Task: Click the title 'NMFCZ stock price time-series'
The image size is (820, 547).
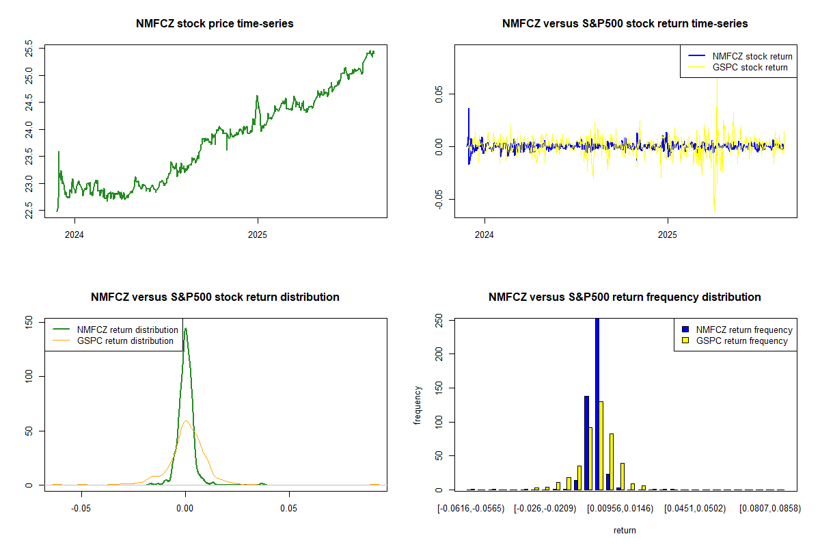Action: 215,24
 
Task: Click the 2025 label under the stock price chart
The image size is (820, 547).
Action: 258,235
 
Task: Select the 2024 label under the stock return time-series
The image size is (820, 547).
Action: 485,235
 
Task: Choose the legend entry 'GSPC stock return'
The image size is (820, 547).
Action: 750,67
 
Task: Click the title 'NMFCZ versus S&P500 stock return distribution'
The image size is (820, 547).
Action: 215,297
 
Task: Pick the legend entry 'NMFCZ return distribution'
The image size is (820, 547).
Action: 127,330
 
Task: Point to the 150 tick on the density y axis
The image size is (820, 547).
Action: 29,321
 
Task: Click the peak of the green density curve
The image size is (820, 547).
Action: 185,329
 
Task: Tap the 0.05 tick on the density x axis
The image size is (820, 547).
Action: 289,509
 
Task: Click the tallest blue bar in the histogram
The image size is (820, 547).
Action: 597,403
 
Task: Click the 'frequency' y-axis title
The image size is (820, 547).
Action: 418,405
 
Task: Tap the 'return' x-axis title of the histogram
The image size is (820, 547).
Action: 625,530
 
